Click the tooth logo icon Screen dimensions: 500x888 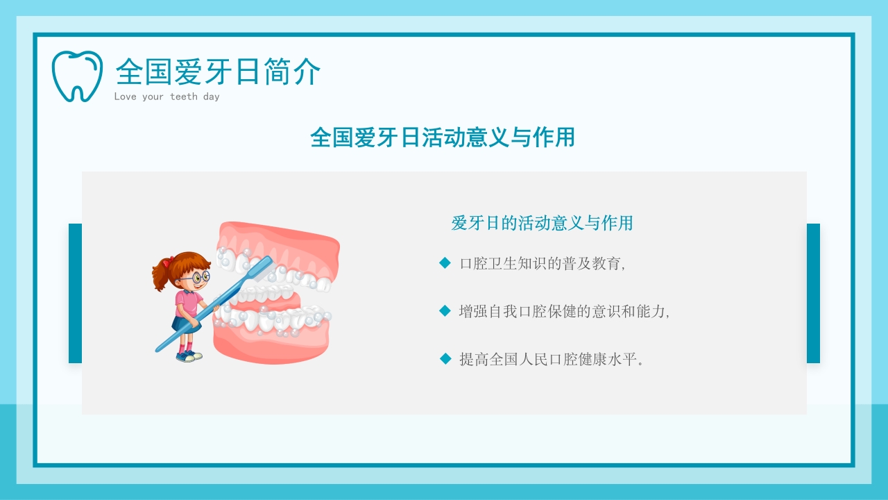click(x=76, y=76)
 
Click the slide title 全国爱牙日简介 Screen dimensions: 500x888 click(x=218, y=72)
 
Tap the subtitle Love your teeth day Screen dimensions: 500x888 click(x=166, y=97)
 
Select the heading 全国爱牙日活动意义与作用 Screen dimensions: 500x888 click(x=443, y=137)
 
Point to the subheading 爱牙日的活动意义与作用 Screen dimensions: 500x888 click(x=542, y=224)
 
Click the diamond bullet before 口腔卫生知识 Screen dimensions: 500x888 click(x=445, y=262)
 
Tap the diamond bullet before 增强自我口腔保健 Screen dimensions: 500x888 click(x=445, y=310)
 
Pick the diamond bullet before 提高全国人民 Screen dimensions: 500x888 click(x=445, y=358)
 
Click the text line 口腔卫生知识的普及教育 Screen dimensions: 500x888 click(x=543, y=264)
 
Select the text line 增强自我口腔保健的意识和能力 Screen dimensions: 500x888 click(x=564, y=312)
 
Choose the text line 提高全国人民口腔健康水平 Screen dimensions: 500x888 click(x=552, y=360)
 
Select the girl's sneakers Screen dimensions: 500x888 click(x=188, y=356)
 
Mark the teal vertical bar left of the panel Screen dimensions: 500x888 click(x=75, y=293)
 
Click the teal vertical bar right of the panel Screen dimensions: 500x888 click(x=813, y=293)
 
